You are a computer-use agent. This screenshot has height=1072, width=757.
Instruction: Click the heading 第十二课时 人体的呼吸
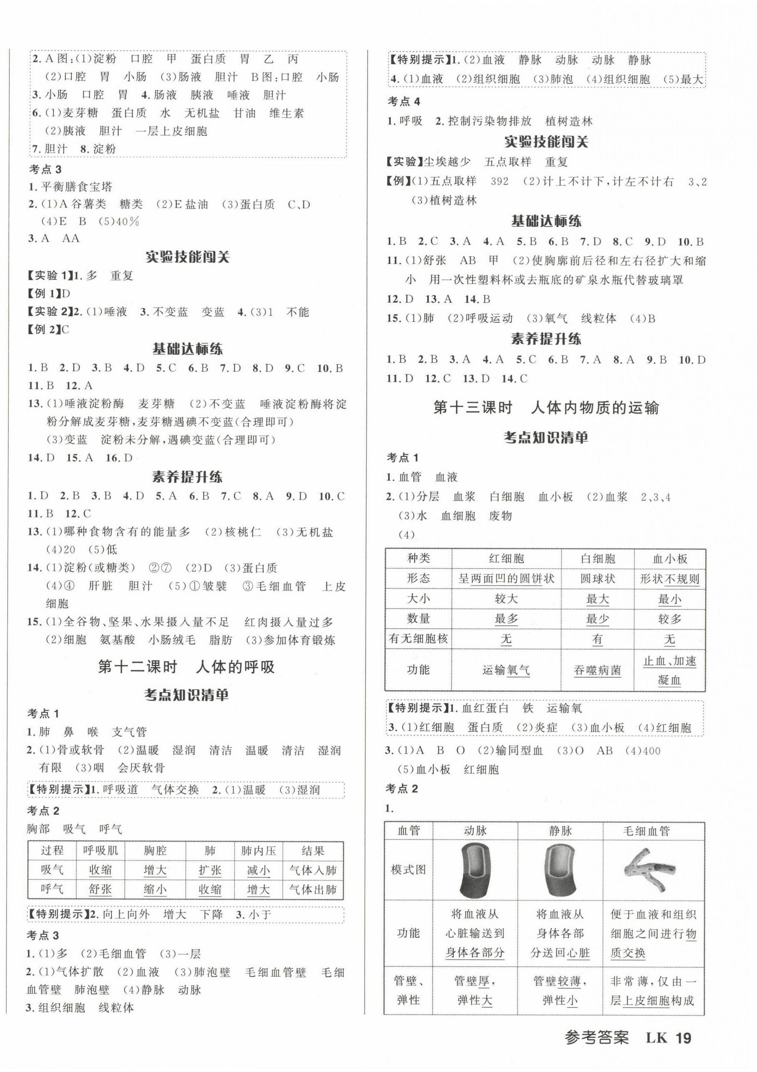[x=186, y=666]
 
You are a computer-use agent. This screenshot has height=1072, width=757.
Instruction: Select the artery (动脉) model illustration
[x=475, y=870]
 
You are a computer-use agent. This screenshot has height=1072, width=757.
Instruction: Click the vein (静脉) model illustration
[x=560, y=870]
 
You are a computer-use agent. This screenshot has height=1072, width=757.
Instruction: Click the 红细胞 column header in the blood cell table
[x=506, y=558]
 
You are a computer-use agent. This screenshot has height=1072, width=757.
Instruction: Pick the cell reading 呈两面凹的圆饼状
[x=506, y=579]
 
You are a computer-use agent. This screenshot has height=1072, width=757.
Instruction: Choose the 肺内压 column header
[x=258, y=851]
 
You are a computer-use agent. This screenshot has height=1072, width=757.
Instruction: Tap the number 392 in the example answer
[x=500, y=181]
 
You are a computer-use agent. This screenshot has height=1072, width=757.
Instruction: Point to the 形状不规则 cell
[x=669, y=579]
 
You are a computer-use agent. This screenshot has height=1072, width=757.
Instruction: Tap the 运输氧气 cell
[x=506, y=670]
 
